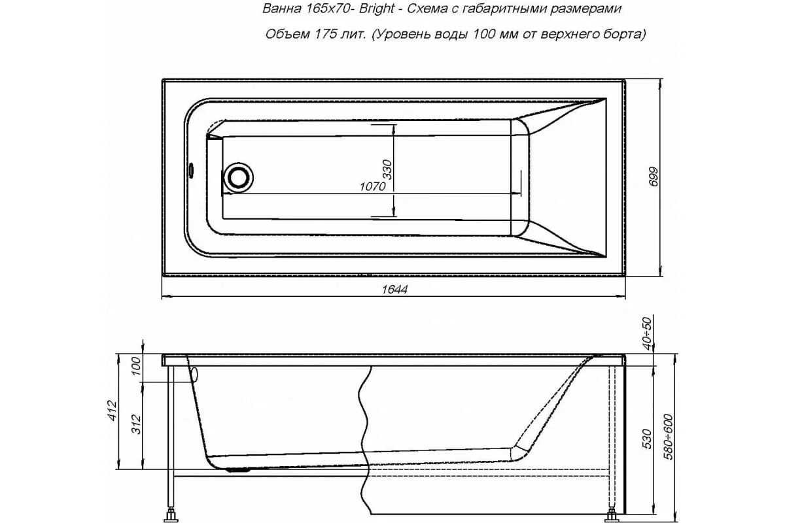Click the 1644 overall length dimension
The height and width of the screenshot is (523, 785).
(394, 290)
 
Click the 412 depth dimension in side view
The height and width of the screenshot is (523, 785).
(112, 412)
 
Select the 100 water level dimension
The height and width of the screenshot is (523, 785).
(135, 367)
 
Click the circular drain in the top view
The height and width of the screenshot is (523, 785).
(237, 177)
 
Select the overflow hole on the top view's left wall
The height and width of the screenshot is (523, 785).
(190, 170)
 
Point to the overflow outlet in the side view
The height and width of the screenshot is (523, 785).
(194, 374)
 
